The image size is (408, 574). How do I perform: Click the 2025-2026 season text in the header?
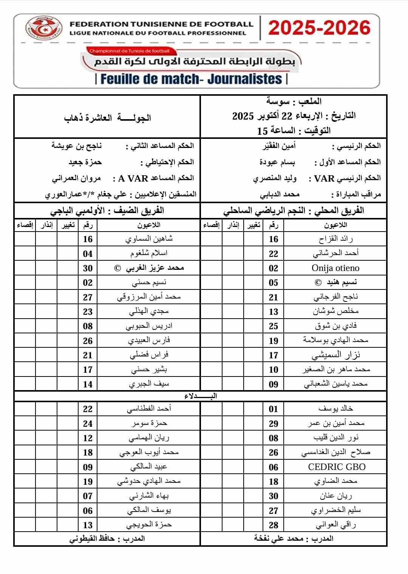319,28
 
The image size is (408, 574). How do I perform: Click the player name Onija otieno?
335,268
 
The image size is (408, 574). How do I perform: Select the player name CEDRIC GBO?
337,467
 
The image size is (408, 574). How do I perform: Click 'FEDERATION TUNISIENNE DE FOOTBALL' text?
161,24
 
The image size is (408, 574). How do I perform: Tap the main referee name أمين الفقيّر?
279,146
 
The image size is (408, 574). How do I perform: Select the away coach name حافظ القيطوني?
92,538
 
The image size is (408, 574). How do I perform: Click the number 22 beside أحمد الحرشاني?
274,254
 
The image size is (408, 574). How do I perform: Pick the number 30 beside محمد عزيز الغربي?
88,268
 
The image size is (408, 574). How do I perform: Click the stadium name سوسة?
278,101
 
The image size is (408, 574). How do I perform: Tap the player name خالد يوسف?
335,409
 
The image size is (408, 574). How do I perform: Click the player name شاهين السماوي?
149,239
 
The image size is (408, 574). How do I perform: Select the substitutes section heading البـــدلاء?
201,396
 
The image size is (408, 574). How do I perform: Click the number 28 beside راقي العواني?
274,525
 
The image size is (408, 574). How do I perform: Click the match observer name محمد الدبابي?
280,194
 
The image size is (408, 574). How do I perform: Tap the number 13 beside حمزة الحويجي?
88,525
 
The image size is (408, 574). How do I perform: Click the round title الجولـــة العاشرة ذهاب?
107,118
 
